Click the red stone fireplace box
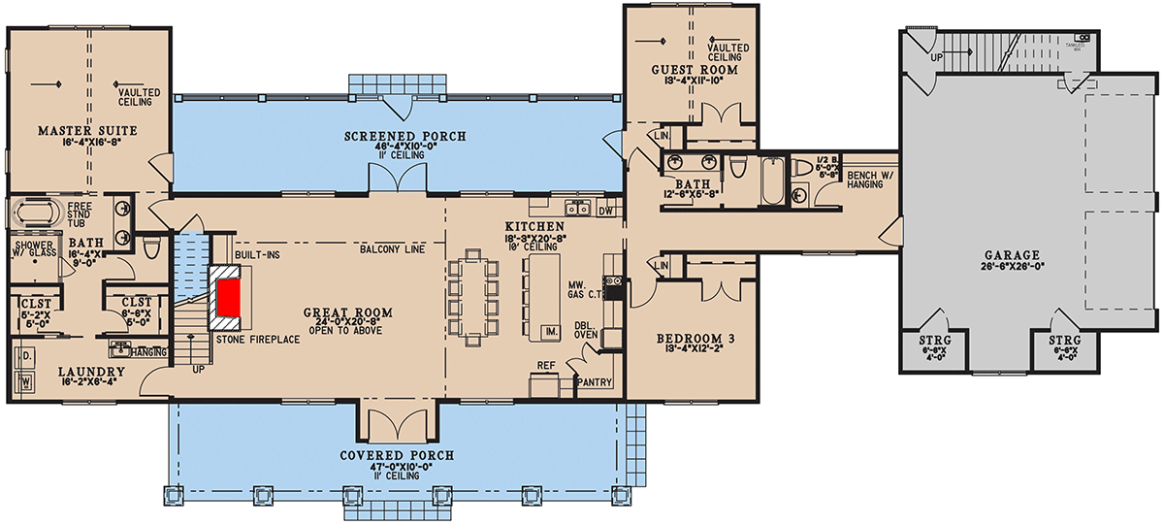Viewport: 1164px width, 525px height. click(x=229, y=296)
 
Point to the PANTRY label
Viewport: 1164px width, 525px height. click(x=595, y=382)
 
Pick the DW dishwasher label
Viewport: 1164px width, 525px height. click(x=608, y=209)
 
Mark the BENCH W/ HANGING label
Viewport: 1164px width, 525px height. click(x=862, y=180)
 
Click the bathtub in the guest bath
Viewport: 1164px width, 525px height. click(x=770, y=181)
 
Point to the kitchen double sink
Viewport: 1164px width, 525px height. click(x=579, y=207)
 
